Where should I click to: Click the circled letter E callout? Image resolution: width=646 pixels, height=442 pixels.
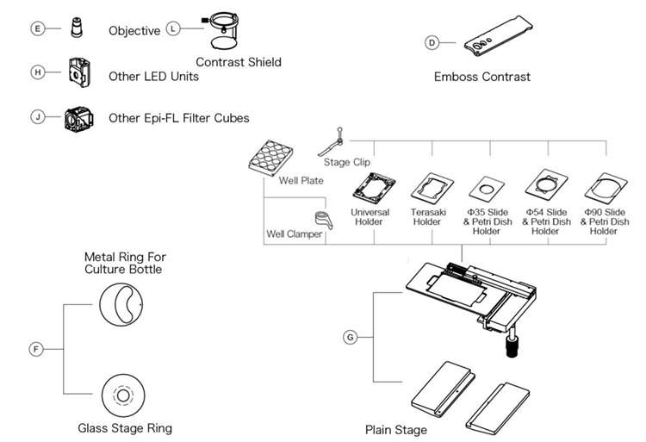click(x=37, y=29)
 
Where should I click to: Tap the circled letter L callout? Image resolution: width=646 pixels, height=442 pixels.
click(x=174, y=29)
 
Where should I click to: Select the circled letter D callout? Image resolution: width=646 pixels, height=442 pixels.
click(x=432, y=42)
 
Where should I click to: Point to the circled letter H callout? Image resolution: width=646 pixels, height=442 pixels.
click(x=37, y=72)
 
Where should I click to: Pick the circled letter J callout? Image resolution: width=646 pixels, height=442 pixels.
click(x=37, y=116)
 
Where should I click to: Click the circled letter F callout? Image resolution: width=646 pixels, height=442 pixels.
click(x=36, y=349)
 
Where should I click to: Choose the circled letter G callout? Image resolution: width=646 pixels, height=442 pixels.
click(x=350, y=337)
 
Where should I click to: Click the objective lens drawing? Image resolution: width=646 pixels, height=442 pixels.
click(x=78, y=28)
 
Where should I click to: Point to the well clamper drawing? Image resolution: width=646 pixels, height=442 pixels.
click(x=324, y=222)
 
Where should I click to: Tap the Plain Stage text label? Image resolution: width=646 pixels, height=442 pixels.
click(x=395, y=429)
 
